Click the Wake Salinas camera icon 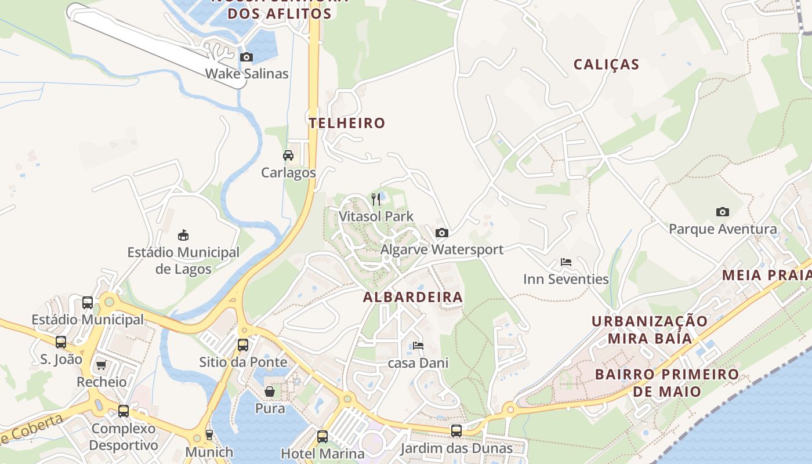click(246, 57)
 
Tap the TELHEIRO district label click(347, 123)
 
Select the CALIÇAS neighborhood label click(606, 64)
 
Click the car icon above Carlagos click(288, 155)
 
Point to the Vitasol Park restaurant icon click(376, 200)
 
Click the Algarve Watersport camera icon click(442, 233)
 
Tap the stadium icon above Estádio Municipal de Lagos click(183, 235)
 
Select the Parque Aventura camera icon click(722, 212)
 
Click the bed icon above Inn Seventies click(566, 262)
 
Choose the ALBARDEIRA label click(413, 298)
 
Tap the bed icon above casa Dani click(418, 346)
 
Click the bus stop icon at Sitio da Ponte click(243, 345)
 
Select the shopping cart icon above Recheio click(101, 365)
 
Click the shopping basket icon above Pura click(270, 391)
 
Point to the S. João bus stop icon click(61, 342)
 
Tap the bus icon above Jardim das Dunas click(456, 431)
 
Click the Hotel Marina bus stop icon click(322, 436)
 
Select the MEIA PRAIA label click(766, 275)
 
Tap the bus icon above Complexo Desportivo click(124, 411)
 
